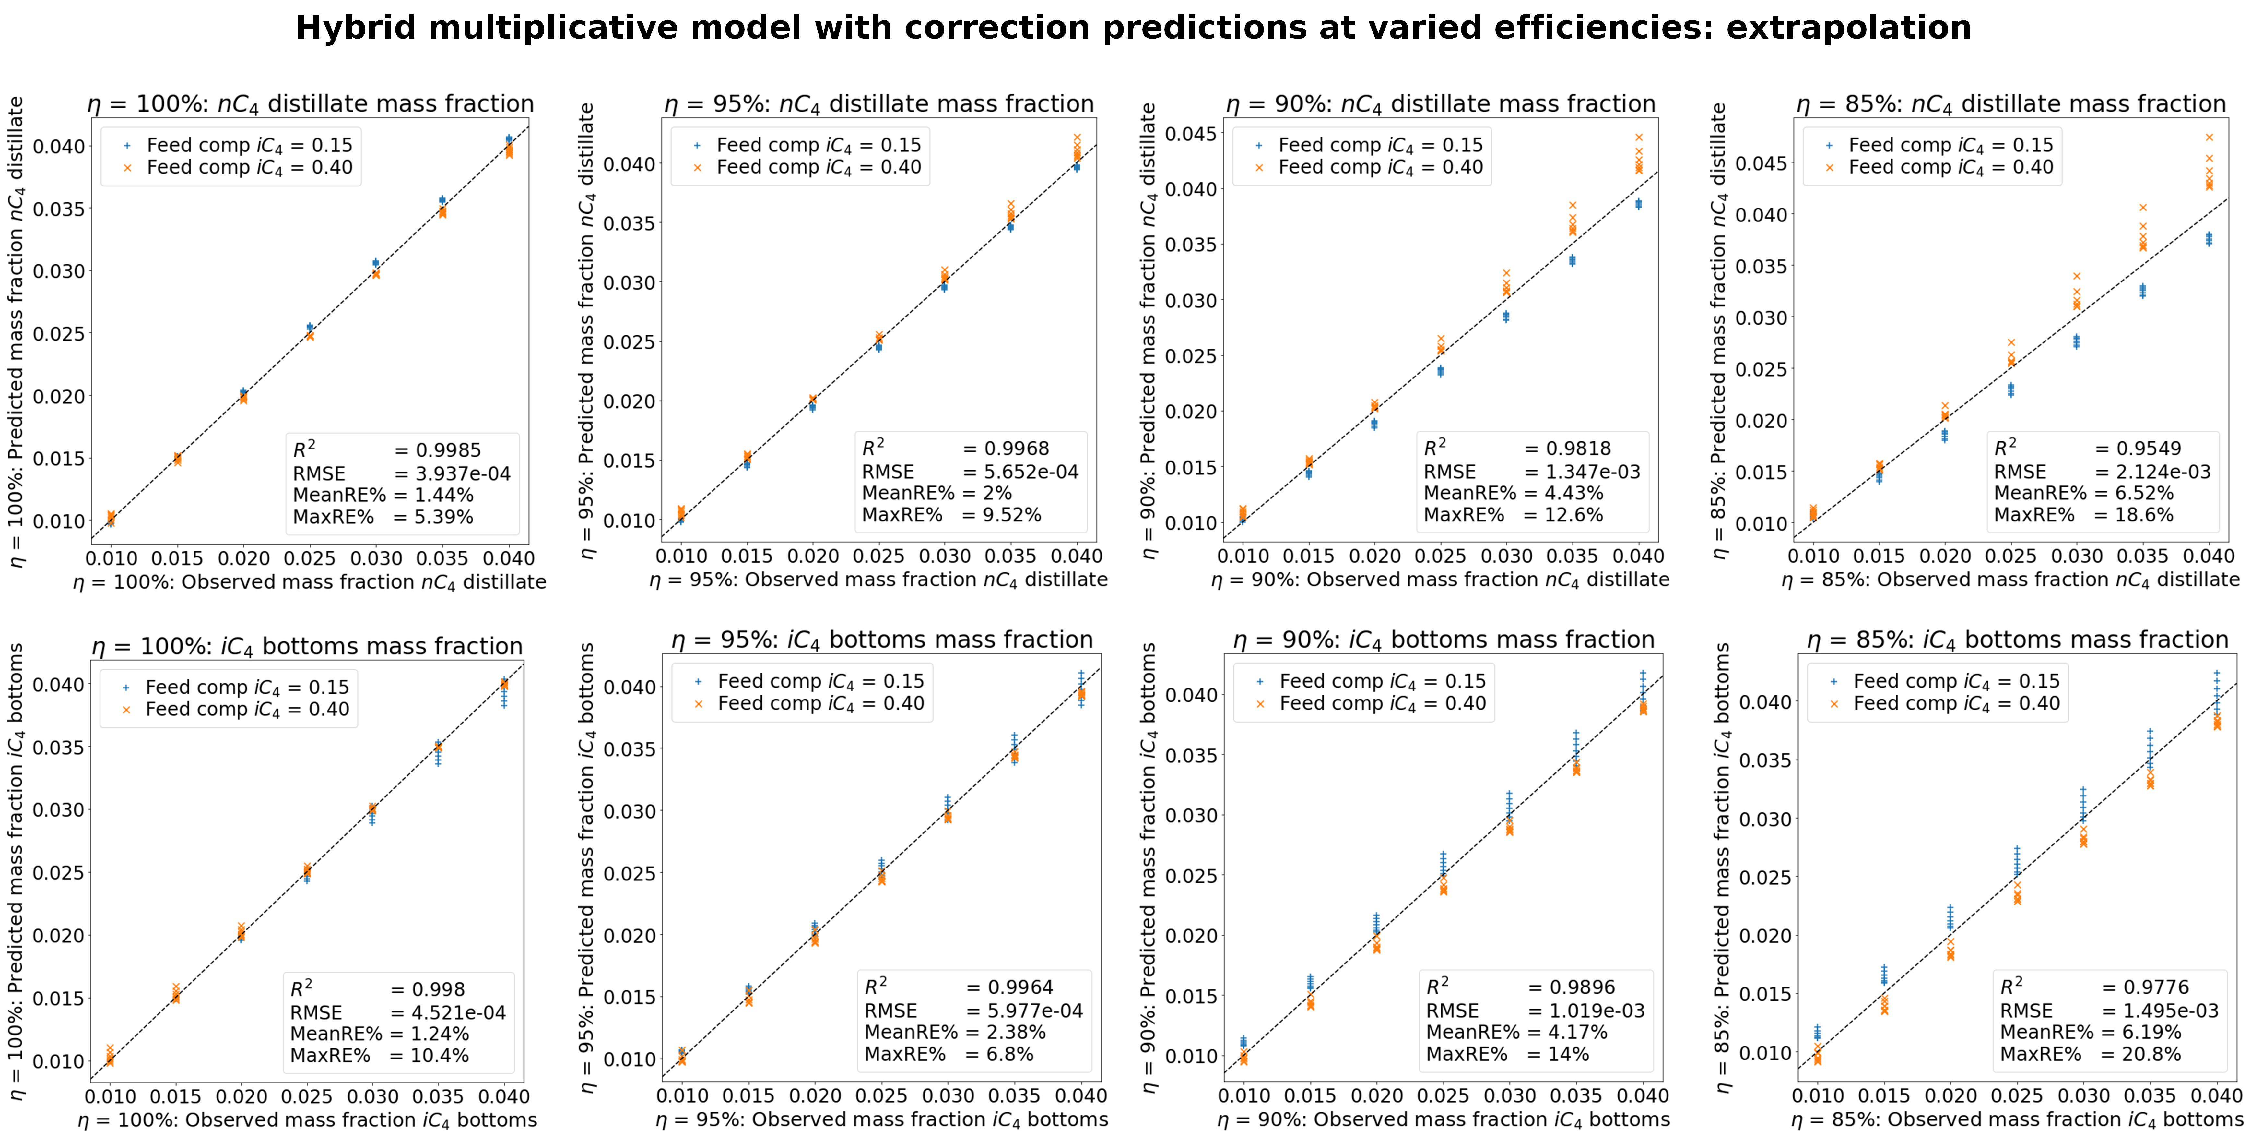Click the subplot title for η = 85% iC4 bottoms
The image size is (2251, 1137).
pyautogui.click(x=2018, y=640)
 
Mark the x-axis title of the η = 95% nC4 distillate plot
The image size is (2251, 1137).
pyautogui.click(x=878, y=580)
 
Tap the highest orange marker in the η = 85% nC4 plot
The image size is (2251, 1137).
pyautogui.click(x=2209, y=137)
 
